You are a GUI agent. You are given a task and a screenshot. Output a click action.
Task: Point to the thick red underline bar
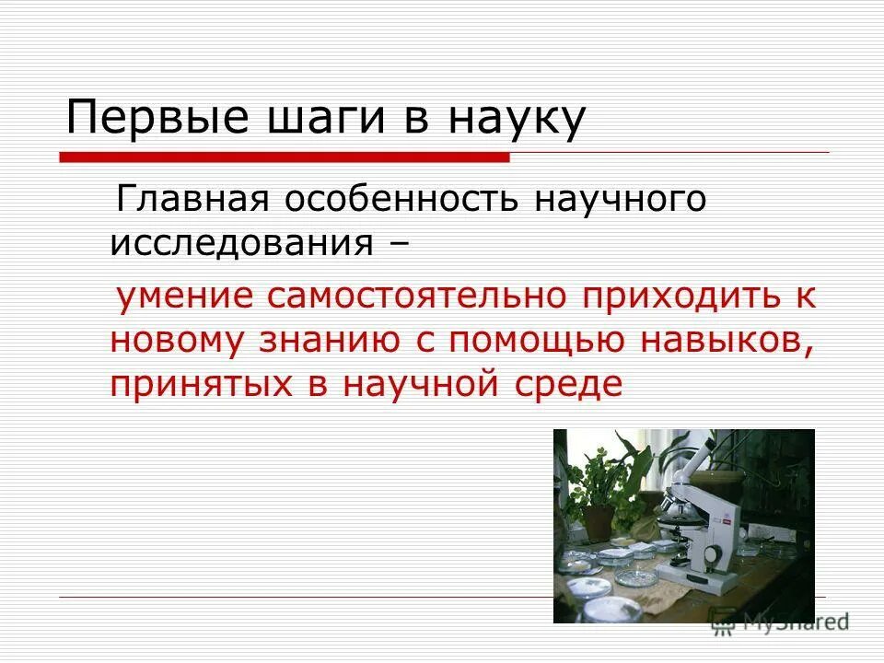285,157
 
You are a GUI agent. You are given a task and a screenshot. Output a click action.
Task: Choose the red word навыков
730,339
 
